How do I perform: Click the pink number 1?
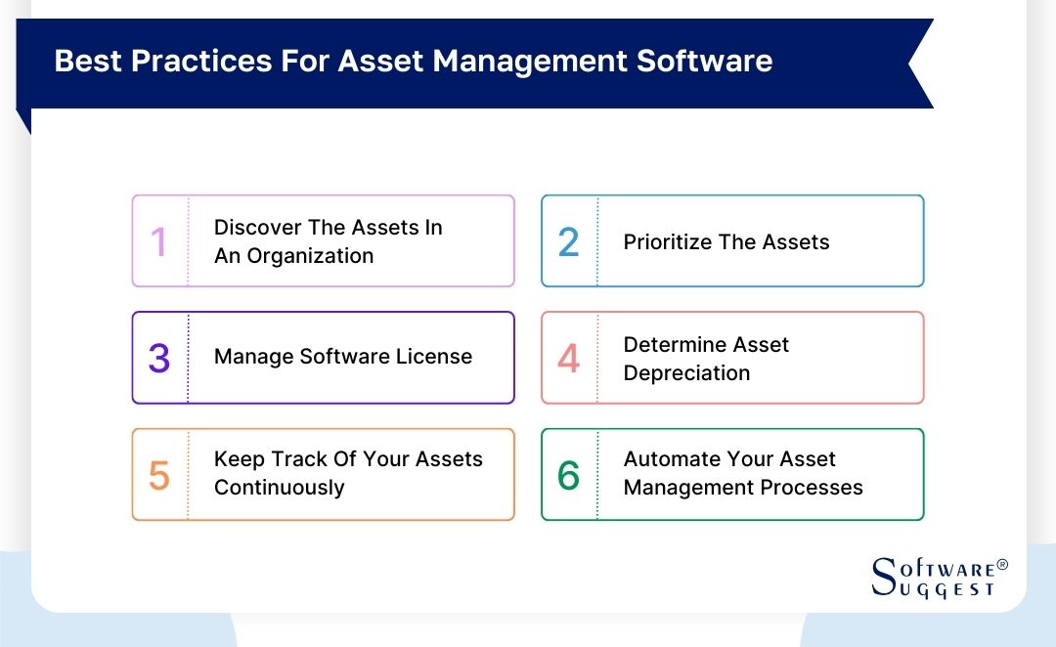(x=158, y=242)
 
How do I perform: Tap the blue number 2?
(x=568, y=242)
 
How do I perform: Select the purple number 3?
(x=159, y=359)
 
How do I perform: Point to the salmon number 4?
(x=568, y=359)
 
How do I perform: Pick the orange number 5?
(x=159, y=476)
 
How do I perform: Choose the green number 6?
(x=568, y=476)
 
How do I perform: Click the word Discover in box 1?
(x=257, y=228)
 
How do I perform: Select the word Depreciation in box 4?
(x=686, y=373)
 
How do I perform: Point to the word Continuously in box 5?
(x=279, y=488)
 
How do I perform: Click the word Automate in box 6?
(x=672, y=459)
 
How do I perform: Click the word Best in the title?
(x=89, y=62)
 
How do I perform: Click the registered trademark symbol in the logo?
(x=1001, y=565)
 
